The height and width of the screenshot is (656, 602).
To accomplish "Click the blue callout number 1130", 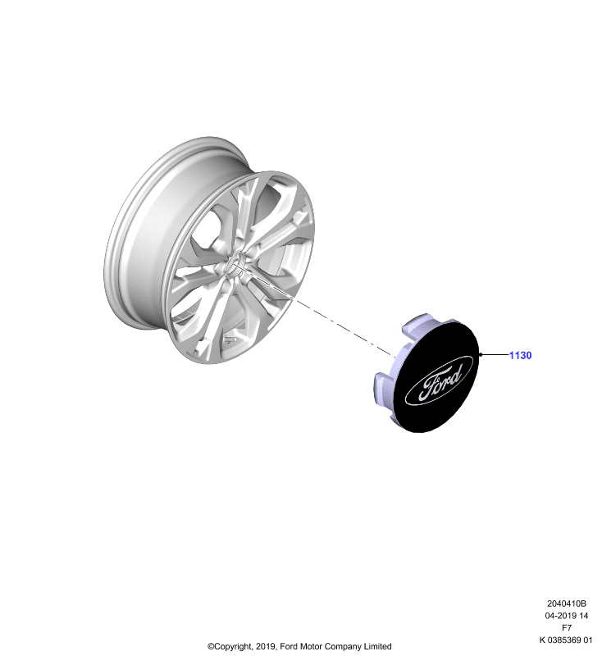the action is pyautogui.click(x=520, y=355).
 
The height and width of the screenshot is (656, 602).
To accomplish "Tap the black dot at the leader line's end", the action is pyautogui.click(x=481, y=355).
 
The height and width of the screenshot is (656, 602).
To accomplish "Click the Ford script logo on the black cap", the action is pyautogui.click(x=440, y=380).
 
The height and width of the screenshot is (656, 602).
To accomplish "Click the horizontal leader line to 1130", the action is pyautogui.click(x=495, y=355).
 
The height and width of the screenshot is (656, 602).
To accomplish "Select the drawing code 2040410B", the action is pyautogui.click(x=567, y=604).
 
